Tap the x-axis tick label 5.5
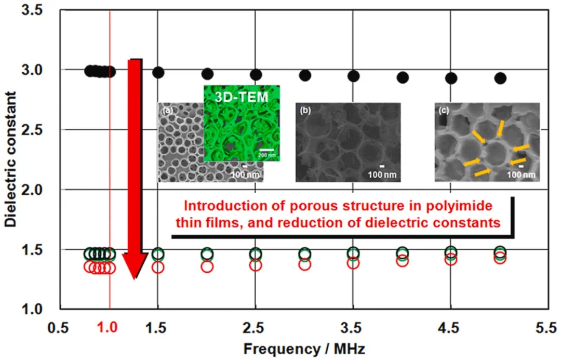(546, 329)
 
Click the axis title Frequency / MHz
(304, 348)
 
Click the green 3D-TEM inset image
(242, 125)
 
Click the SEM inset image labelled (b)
(348, 142)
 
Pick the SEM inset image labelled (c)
(487, 142)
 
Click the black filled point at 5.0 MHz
(500, 78)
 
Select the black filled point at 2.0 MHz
(207, 74)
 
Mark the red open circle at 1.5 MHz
(158, 267)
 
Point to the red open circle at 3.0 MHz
(305, 264)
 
